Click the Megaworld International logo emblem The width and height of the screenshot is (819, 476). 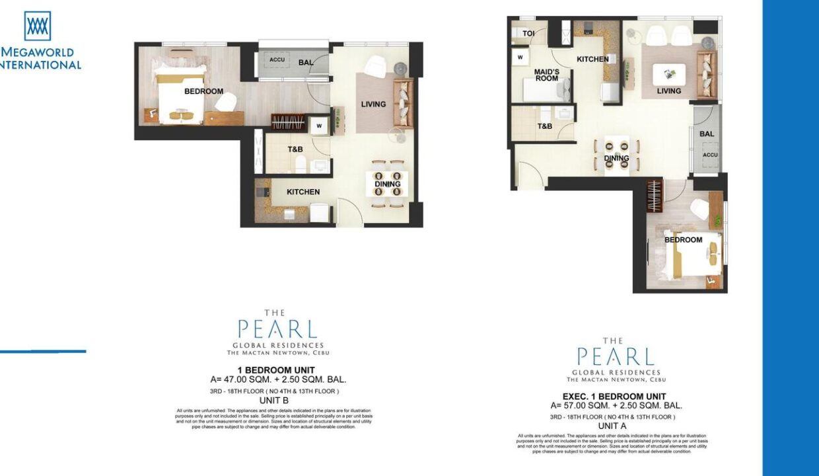click(38, 26)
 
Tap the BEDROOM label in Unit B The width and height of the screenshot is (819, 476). click(203, 91)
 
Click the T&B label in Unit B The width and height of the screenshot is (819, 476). click(295, 149)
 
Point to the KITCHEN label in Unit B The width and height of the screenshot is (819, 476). click(303, 192)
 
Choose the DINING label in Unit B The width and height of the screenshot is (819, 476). click(387, 184)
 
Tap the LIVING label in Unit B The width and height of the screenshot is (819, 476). click(373, 104)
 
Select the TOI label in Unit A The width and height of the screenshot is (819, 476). click(528, 33)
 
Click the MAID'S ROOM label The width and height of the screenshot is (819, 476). click(547, 75)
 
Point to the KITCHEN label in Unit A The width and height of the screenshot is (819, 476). click(592, 59)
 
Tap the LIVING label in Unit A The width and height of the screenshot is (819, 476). click(668, 91)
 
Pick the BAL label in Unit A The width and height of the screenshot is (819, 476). click(707, 134)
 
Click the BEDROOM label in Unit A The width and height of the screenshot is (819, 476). click(683, 239)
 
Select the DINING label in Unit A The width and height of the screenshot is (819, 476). click(616, 159)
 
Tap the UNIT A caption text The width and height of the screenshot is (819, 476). click(612, 426)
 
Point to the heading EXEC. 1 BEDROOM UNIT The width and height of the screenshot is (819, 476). click(614, 396)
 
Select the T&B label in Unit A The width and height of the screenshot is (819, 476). click(545, 126)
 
